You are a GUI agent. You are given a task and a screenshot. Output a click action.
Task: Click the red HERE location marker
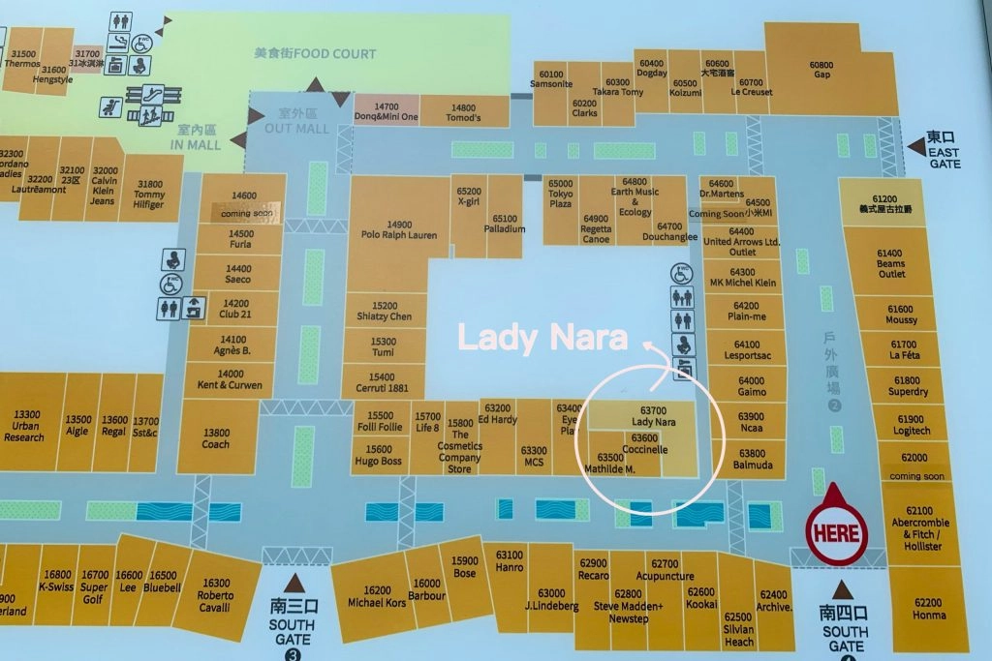pos(837,533)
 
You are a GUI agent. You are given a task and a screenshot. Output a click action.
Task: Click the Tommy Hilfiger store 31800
pos(150,189)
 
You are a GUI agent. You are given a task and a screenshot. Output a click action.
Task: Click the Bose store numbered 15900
pos(464,567)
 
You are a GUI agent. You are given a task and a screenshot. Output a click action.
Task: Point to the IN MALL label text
pos(196,136)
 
